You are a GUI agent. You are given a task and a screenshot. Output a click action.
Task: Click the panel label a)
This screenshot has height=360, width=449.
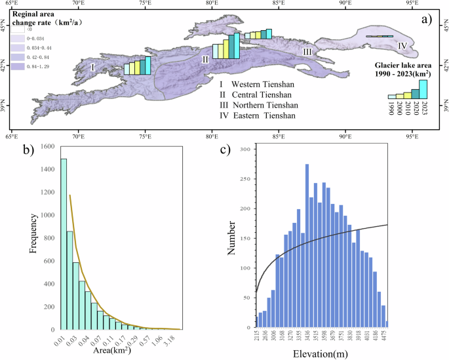(x=427, y=20)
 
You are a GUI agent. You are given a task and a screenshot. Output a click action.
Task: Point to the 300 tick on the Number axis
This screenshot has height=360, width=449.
(x=243, y=150)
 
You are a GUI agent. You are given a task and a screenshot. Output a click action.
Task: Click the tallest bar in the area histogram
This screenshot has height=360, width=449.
(x=64, y=243)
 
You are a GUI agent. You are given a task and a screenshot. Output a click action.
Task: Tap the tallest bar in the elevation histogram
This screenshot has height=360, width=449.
(x=307, y=246)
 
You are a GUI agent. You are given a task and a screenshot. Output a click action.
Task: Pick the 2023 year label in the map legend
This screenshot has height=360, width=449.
(x=424, y=110)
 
